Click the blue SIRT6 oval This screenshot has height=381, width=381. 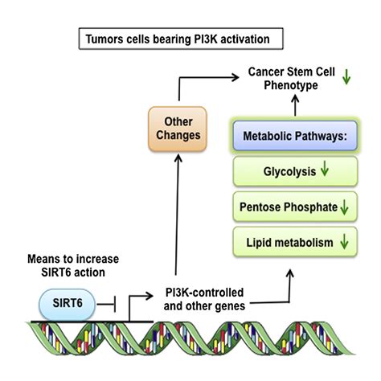point(67,305)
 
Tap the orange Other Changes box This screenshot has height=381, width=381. point(178,129)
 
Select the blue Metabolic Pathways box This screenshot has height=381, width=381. point(295,136)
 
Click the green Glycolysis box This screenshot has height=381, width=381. point(295,171)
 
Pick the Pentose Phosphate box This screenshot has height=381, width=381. point(295,207)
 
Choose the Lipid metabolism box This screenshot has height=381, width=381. point(295,242)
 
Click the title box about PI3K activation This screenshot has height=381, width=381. point(181,39)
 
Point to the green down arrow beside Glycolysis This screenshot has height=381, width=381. point(325,169)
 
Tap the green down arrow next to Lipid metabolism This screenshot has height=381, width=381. point(344,242)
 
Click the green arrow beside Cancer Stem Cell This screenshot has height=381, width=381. point(346,77)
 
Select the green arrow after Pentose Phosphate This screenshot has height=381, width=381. point(344,207)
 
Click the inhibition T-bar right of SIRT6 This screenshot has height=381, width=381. point(106,304)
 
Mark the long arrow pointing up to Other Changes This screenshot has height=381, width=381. point(177,215)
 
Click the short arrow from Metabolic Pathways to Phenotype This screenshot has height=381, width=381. point(295,105)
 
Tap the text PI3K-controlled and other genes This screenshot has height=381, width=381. point(204,299)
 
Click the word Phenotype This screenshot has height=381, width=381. point(291,85)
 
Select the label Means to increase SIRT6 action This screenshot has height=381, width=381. point(73,266)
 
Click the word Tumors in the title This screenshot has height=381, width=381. point(104,39)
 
